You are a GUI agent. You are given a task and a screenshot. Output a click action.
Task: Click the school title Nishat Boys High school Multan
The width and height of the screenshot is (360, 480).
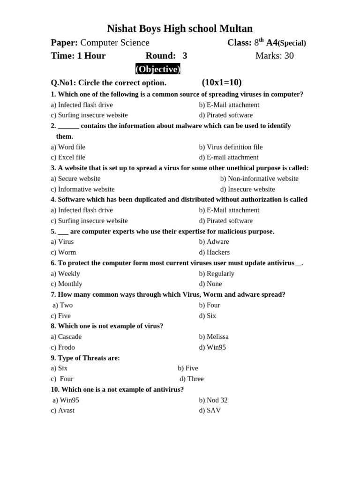(180, 29)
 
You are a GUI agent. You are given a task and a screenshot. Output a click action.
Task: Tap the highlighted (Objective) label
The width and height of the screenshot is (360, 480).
(158, 69)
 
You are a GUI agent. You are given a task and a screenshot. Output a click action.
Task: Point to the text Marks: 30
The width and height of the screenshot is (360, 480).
(274, 56)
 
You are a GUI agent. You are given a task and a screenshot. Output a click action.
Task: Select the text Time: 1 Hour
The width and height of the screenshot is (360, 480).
(78, 56)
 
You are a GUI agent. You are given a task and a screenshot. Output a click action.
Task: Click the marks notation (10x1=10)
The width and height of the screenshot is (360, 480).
(222, 82)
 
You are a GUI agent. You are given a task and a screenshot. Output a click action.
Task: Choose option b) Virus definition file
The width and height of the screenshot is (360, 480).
(231, 147)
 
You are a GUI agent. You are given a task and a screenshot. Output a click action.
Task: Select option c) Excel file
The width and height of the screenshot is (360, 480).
(68, 157)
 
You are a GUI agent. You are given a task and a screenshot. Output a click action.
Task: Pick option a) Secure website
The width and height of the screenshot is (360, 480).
(75, 179)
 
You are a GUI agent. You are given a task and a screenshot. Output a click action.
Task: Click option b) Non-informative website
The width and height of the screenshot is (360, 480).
(259, 179)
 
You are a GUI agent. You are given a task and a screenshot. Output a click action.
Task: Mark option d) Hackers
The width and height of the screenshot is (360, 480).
(214, 252)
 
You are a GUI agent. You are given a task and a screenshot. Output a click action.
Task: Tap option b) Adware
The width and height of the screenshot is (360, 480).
(214, 242)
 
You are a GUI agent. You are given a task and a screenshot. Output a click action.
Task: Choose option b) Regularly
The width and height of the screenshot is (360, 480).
(217, 274)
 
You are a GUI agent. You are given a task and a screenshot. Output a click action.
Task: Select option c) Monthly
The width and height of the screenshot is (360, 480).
(67, 284)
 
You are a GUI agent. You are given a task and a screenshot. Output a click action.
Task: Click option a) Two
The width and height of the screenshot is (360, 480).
(63, 305)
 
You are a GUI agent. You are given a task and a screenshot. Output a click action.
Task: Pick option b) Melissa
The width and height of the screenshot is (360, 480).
(214, 337)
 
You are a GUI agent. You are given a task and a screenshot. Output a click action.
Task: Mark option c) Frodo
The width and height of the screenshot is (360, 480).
(63, 347)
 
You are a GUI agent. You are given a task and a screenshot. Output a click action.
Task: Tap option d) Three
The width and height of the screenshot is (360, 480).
(191, 379)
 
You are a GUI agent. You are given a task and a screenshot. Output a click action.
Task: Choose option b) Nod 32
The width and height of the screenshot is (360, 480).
(213, 400)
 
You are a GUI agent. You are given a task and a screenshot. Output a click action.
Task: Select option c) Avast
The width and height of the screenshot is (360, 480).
(63, 411)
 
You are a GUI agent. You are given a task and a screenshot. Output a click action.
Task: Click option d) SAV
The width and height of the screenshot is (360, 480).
(210, 411)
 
